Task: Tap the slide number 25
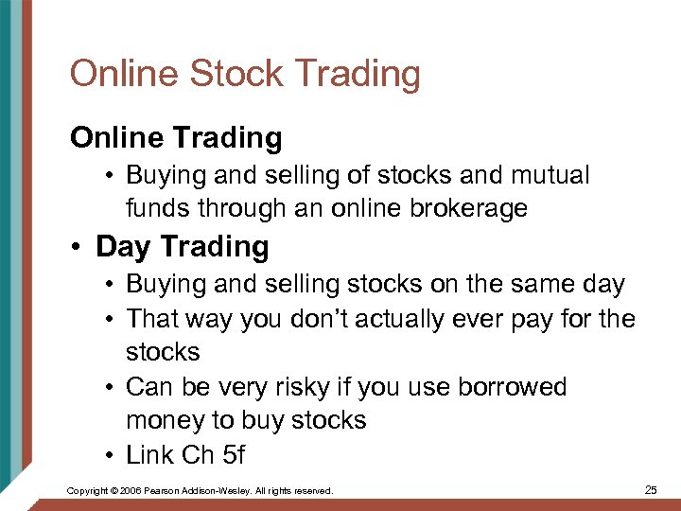(650, 490)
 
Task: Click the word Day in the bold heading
(121, 247)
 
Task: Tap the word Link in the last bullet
(149, 454)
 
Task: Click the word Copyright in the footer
(89, 491)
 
